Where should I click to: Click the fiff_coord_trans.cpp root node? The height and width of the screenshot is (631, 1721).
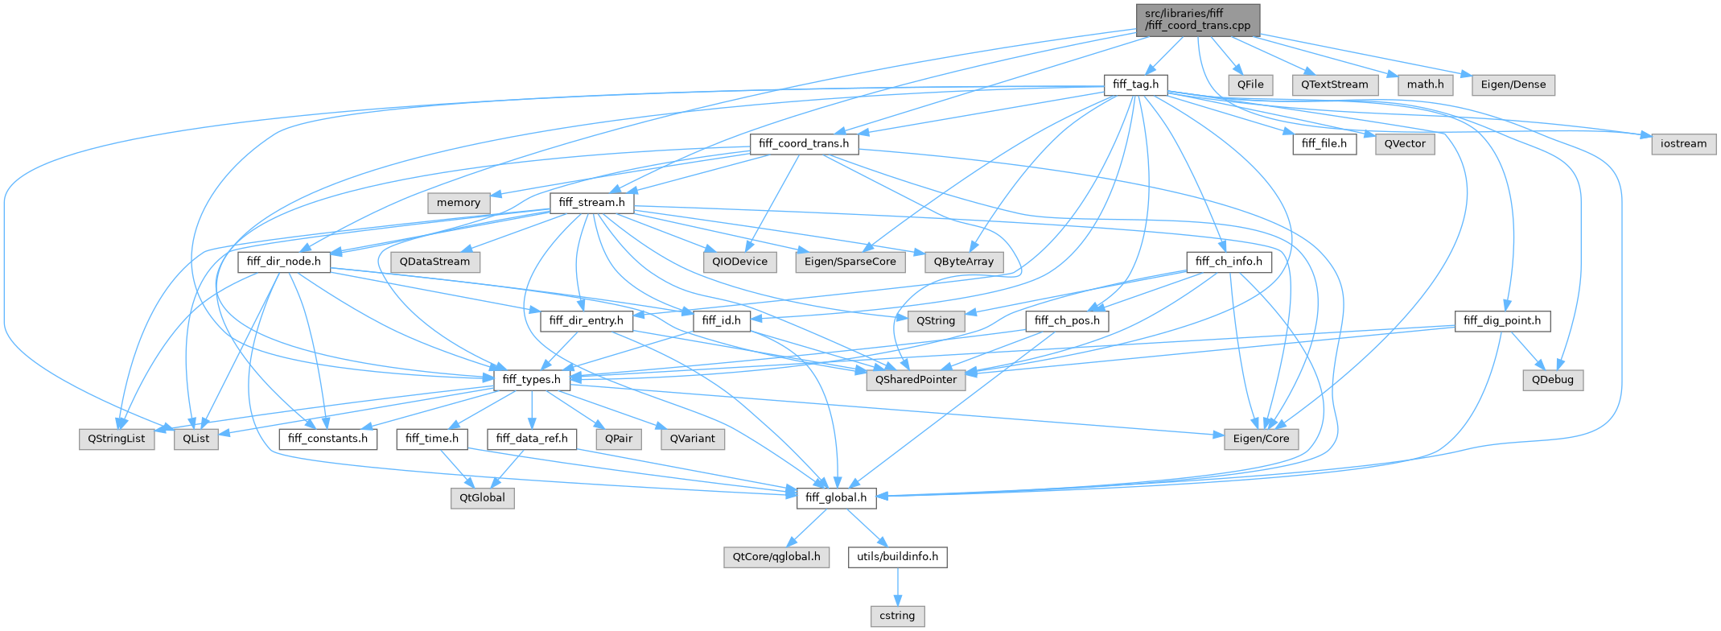[1197, 19]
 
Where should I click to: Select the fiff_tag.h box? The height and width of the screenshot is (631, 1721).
[1135, 85]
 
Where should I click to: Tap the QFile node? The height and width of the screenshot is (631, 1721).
[1250, 85]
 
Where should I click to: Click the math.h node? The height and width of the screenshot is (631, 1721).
[1425, 85]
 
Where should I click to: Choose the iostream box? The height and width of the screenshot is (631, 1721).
[1683, 144]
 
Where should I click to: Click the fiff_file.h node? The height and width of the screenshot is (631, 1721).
[1324, 144]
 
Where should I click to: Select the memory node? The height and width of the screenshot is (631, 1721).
[459, 203]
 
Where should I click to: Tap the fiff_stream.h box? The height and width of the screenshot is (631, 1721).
[592, 203]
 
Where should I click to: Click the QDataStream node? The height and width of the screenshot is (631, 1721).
[434, 262]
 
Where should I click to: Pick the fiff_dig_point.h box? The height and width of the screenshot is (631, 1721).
[1502, 321]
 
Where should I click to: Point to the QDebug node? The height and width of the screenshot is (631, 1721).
[1552, 380]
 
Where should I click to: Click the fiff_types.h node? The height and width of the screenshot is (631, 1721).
[531, 380]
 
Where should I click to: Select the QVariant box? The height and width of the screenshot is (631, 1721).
[692, 439]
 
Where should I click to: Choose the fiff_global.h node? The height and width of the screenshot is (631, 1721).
[836, 498]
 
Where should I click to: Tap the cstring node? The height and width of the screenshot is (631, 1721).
[897, 616]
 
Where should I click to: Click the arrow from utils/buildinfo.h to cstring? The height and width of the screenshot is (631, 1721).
[897, 586]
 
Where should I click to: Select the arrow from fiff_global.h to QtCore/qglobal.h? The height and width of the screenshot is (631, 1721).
[808, 527]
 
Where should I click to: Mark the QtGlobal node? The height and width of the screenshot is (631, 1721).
[482, 498]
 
